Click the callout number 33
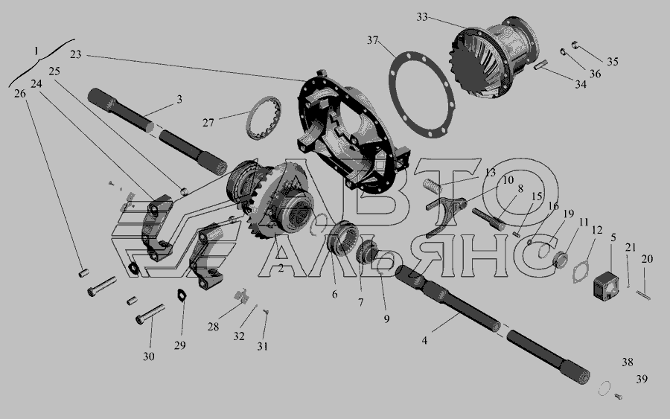tap(422, 17)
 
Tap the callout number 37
tap(373, 40)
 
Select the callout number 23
tap(76, 54)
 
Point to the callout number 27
tap(208, 123)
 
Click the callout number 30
tap(149, 356)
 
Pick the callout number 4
tap(424, 340)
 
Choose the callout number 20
tap(647, 259)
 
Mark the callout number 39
tap(642, 379)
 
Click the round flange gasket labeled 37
tap(421, 95)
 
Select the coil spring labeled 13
tap(431, 186)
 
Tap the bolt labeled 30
tap(150, 314)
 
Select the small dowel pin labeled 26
tap(83, 272)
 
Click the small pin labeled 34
tap(541, 65)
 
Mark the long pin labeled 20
tap(643, 295)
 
